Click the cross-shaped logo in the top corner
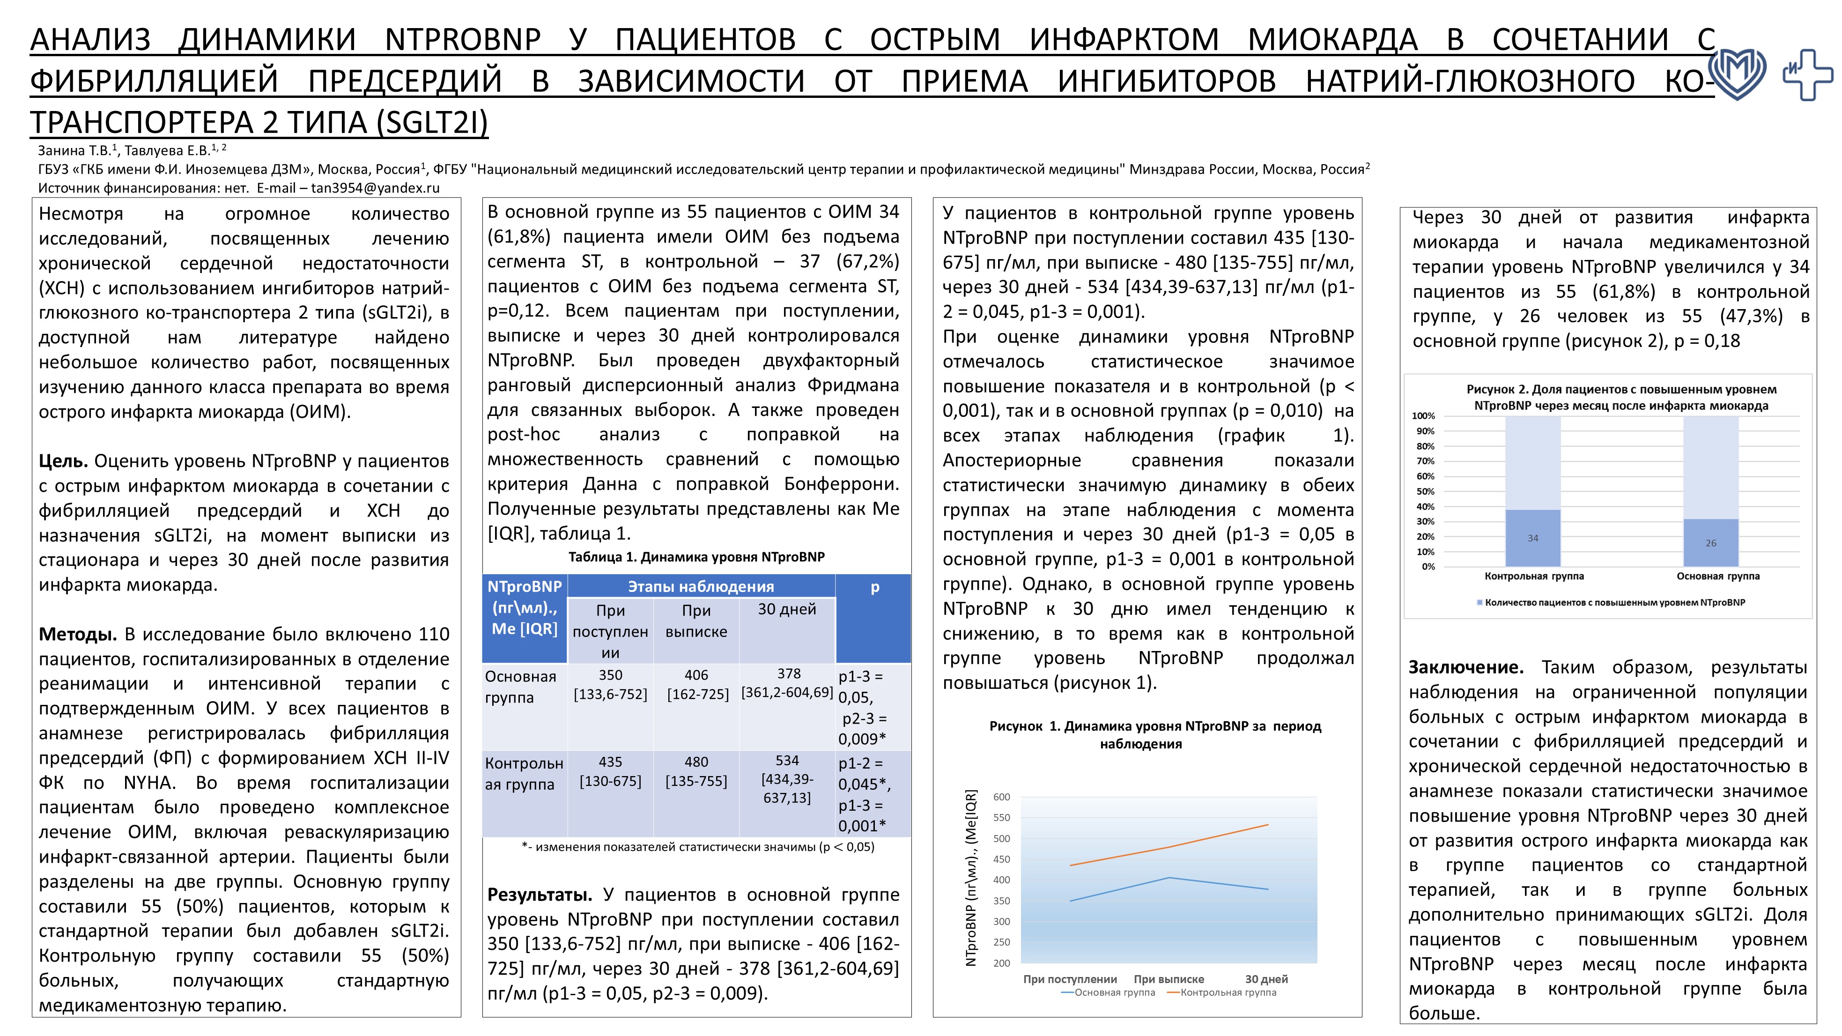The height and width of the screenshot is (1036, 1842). [x=1806, y=74]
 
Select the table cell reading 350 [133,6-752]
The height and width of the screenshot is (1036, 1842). [x=610, y=684]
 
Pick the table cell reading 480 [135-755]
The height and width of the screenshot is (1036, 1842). [x=696, y=771]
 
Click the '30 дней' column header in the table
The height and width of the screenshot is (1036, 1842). [x=786, y=609]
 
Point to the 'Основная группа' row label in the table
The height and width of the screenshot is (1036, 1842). [x=521, y=687]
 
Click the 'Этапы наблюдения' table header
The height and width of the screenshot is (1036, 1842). [x=701, y=586]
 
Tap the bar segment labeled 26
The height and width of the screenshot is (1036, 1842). [x=1710, y=543]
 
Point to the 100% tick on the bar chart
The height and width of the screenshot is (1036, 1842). [x=1423, y=416]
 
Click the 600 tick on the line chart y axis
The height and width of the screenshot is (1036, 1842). [x=1001, y=797]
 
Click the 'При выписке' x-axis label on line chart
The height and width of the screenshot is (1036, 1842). [x=1169, y=979]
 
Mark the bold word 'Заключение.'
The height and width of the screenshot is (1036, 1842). [x=1465, y=667]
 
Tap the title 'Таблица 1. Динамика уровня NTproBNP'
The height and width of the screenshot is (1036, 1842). [x=696, y=557]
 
